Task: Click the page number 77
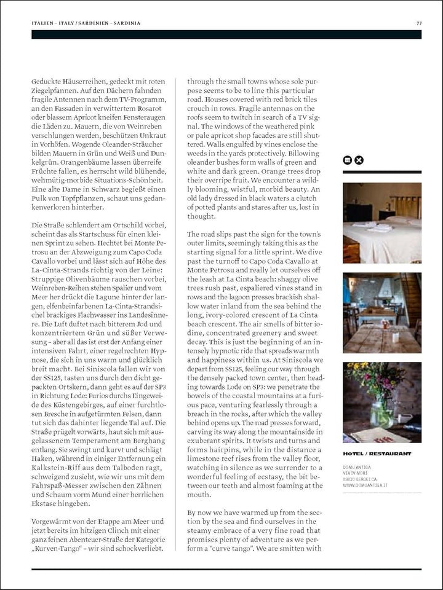pos(418,23)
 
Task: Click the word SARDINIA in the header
pos(126,23)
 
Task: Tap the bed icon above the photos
pos(348,160)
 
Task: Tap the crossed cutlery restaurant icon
pos(359,160)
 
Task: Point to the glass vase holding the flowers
pos(382,413)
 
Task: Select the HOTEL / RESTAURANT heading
pos(377,454)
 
